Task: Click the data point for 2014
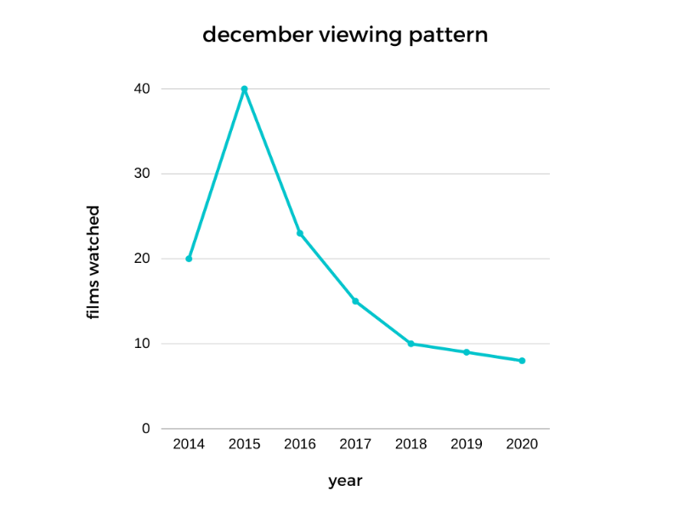(189, 259)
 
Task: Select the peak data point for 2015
(244, 88)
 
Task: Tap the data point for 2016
(300, 233)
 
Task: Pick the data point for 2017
(355, 301)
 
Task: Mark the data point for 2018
(411, 344)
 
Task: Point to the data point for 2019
(467, 352)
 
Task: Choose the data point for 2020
(522, 361)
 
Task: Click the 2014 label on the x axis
(189, 444)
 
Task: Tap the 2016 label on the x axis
(300, 444)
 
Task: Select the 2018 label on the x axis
(411, 444)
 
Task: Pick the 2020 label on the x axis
(522, 444)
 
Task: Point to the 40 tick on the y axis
(141, 88)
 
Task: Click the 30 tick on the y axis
(141, 174)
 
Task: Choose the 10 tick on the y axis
(141, 344)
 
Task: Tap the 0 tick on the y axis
(145, 429)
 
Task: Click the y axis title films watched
(93, 262)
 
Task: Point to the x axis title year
(345, 482)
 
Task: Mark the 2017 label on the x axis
(355, 444)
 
